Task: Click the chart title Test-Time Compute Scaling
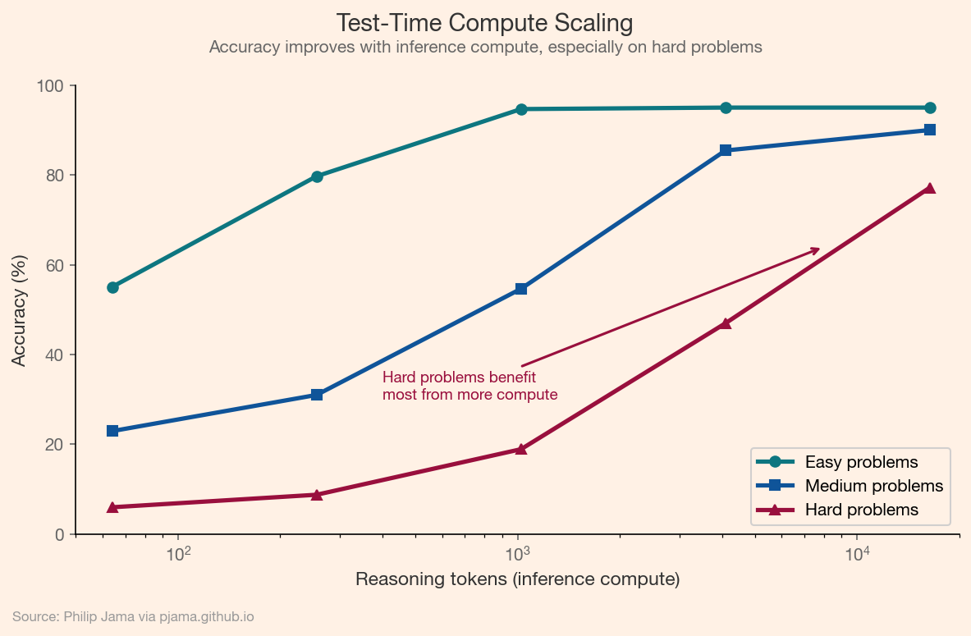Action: pos(485,22)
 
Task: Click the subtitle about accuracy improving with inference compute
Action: pos(485,48)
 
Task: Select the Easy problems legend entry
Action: pos(861,462)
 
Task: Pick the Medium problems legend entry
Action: pos(873,486)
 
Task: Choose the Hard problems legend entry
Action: pos(861,510)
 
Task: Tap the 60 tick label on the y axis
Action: pos(55,265)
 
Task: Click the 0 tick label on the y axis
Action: pos(59,534)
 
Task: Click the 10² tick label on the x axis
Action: pos(178,553)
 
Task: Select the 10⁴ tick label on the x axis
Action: pos(857,553)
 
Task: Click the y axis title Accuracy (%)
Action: pos(19,310)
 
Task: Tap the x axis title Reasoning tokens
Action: pos(517,579)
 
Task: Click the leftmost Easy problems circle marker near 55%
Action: pos(112,287)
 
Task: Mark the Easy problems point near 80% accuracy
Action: pos(317,176)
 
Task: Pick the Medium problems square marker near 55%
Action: pos(521,289)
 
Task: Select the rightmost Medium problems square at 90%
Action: pos(930,130)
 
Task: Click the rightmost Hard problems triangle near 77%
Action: pos(930,188)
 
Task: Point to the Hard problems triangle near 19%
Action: pos(521,449)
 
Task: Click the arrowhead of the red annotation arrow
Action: pos(817,249)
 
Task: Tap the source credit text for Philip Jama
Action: pos(133,616)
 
